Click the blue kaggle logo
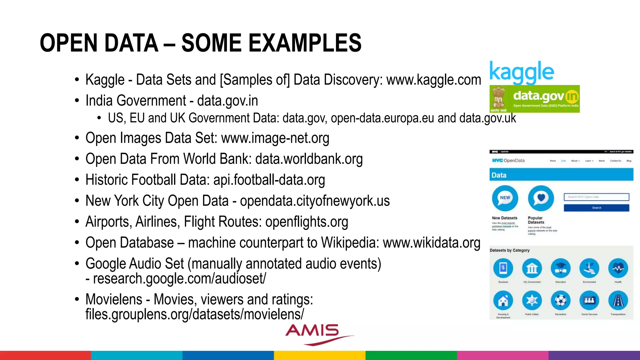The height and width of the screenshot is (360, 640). (521, 72)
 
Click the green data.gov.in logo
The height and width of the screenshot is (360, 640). (534, 99)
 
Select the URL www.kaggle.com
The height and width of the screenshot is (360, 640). (434, 80)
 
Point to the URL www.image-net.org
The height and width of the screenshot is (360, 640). (275, 138)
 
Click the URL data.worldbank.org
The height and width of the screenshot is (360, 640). (309, 159)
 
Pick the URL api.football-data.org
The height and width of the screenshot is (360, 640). (269, 180)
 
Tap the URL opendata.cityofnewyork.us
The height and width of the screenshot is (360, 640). (315, 201)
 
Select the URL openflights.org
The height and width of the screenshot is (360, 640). (307, 222)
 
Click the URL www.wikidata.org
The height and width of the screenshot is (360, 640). (432, 243)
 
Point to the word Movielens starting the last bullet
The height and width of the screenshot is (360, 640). (114, 299)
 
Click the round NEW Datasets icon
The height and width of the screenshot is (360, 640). (505, 198)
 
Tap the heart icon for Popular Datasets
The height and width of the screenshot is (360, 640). (541, 198)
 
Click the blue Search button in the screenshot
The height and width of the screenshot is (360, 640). (596, 208)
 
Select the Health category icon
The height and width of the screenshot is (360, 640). (618, 268)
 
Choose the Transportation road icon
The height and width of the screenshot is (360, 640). (618, 301)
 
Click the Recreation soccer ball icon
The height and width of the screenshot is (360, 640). (560, 301)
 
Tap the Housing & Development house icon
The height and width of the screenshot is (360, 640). (503, 301)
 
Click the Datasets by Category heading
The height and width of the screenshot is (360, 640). (509, 250)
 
